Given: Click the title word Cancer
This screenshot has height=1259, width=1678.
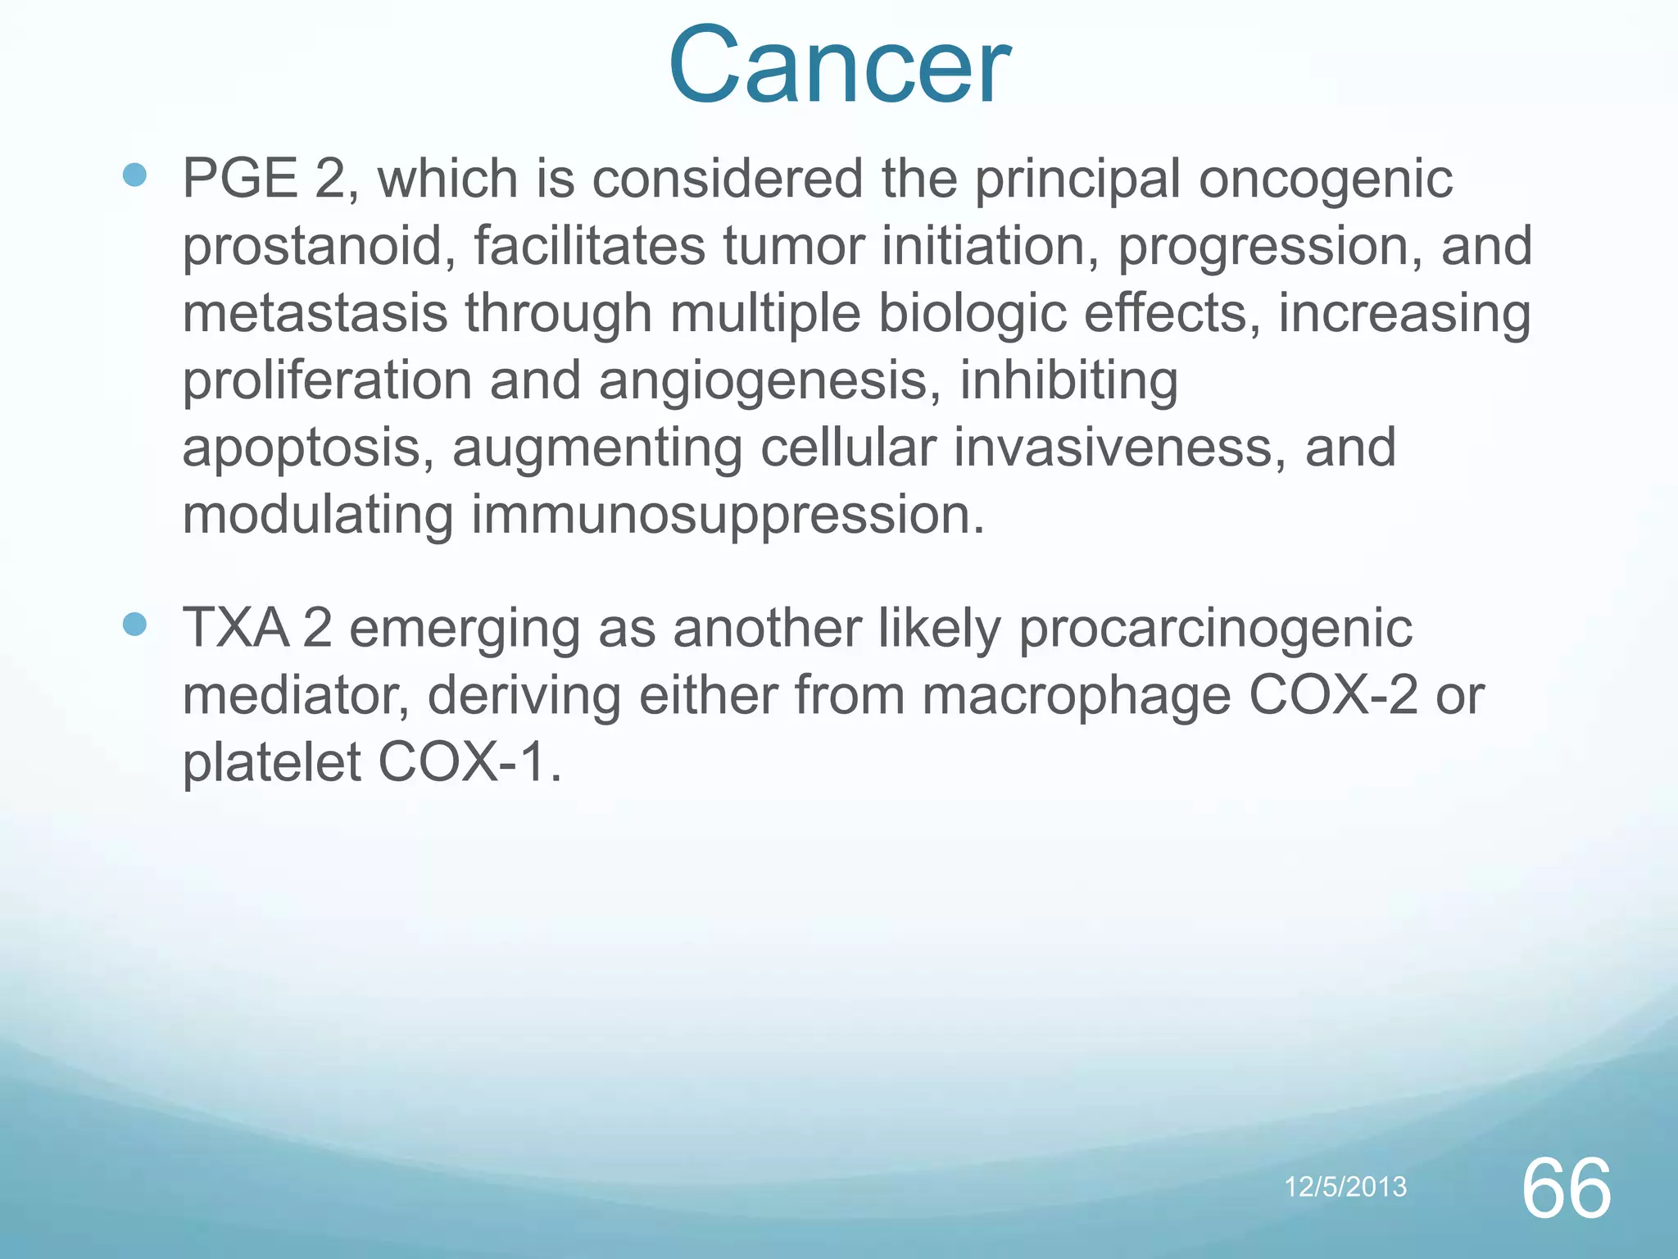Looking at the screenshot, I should coord(839,66).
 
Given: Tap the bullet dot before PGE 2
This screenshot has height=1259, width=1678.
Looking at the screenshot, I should coord(134,175).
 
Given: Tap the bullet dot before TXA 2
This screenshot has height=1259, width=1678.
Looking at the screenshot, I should coord(134,625).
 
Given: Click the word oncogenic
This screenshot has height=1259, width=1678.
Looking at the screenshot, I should coord(1325,180).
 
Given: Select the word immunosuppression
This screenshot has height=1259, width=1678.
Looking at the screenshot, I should coord(727,516).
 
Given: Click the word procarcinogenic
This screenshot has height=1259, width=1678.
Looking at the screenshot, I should coord(1216,629).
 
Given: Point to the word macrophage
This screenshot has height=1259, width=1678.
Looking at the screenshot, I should coord(1076,698).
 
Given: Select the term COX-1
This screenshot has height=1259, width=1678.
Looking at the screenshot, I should coord(469,763).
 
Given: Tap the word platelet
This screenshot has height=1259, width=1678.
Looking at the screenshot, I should coord(271,763).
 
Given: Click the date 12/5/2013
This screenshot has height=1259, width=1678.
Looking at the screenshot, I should coord(1345,1187).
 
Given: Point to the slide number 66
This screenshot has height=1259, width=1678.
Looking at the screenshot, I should coord(1566,1189).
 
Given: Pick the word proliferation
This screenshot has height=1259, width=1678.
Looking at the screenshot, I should coord(326,383).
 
